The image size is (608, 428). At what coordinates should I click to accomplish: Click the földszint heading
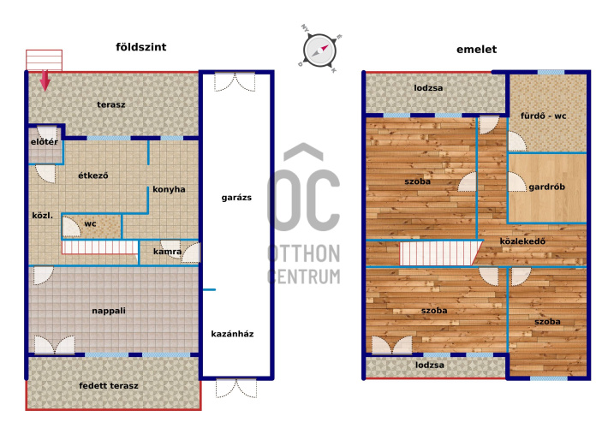coord(141,47)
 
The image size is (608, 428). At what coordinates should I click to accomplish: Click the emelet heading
coord(476,50)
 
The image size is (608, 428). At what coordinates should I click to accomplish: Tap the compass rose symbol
coord(319,50)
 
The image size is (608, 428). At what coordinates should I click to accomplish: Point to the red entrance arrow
coord(45,80)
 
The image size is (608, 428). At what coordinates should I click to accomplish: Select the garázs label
coord(236,198)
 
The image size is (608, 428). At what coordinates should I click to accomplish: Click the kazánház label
coord(232,334)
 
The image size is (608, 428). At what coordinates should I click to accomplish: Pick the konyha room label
coord(169,189)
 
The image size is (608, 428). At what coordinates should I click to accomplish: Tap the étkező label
coord(93,175)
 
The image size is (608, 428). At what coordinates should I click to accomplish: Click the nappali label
coord(109,311)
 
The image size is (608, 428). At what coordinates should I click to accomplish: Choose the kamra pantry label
coord(167,252)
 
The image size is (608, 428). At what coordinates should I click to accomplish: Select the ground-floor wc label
coord(90,223)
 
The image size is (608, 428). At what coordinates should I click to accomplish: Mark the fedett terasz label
coord(109,386)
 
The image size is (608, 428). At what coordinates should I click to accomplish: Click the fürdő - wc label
coord(543,116)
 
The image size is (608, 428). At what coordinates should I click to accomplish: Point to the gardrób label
coord(546,187)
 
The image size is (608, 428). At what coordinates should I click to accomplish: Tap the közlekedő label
coord(522,241)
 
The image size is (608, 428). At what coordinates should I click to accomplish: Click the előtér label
coord(45,142)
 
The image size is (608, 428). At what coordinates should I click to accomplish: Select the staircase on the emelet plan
coord(441,253)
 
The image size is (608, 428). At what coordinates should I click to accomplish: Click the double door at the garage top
coord(235,82)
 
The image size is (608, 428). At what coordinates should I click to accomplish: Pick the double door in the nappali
coord(54,345)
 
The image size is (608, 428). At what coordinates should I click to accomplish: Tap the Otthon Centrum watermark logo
coord(304,214)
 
